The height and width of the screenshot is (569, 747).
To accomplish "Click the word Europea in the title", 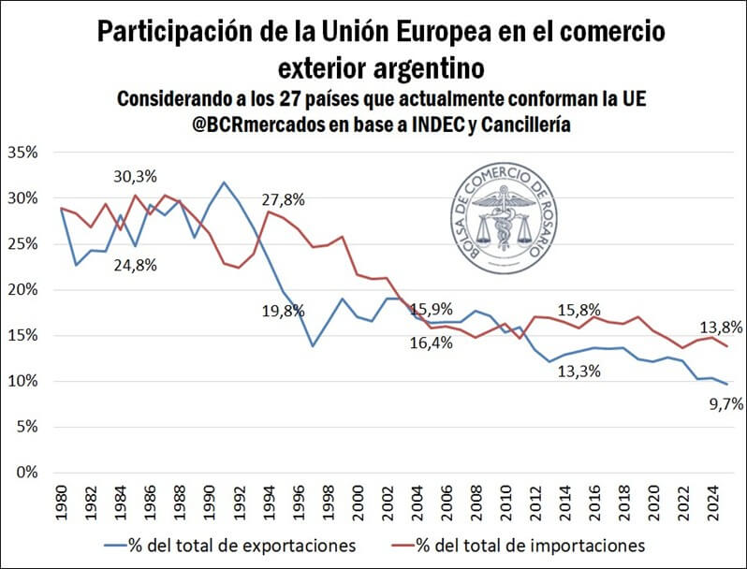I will click(x=485, y=33).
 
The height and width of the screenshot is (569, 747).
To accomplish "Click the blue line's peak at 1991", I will click(x=224, y=182).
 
